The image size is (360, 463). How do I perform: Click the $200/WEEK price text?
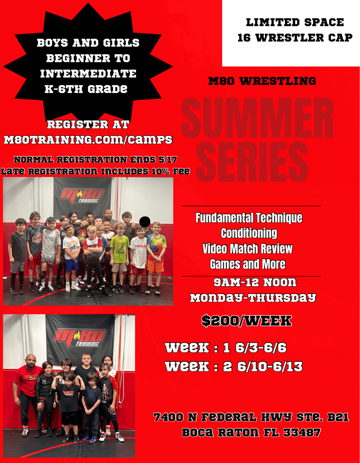click(247, 321)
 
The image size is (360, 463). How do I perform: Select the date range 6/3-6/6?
click(261, 348)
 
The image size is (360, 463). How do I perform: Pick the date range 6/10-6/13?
click(269, 366)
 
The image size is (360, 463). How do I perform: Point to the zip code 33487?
click(301, 433)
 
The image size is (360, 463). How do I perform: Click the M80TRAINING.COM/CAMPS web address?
click(88, 139)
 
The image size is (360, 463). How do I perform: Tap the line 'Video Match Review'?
click(247, 249)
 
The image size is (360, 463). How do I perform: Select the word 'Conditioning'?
click(249, 233)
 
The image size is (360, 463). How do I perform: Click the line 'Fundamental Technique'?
click(249, 218)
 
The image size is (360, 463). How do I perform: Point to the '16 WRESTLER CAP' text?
click(295, 38)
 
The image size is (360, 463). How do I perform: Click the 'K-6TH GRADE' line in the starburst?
click(86, 88)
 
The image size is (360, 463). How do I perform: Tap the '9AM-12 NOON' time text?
click(255, 283)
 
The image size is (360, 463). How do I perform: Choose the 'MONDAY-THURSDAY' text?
click(253, 297)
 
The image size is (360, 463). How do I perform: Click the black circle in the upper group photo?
click(144, 222)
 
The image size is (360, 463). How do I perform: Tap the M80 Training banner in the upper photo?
click(82, 197)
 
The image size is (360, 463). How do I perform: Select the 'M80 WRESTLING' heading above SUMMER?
click(262, 81)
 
